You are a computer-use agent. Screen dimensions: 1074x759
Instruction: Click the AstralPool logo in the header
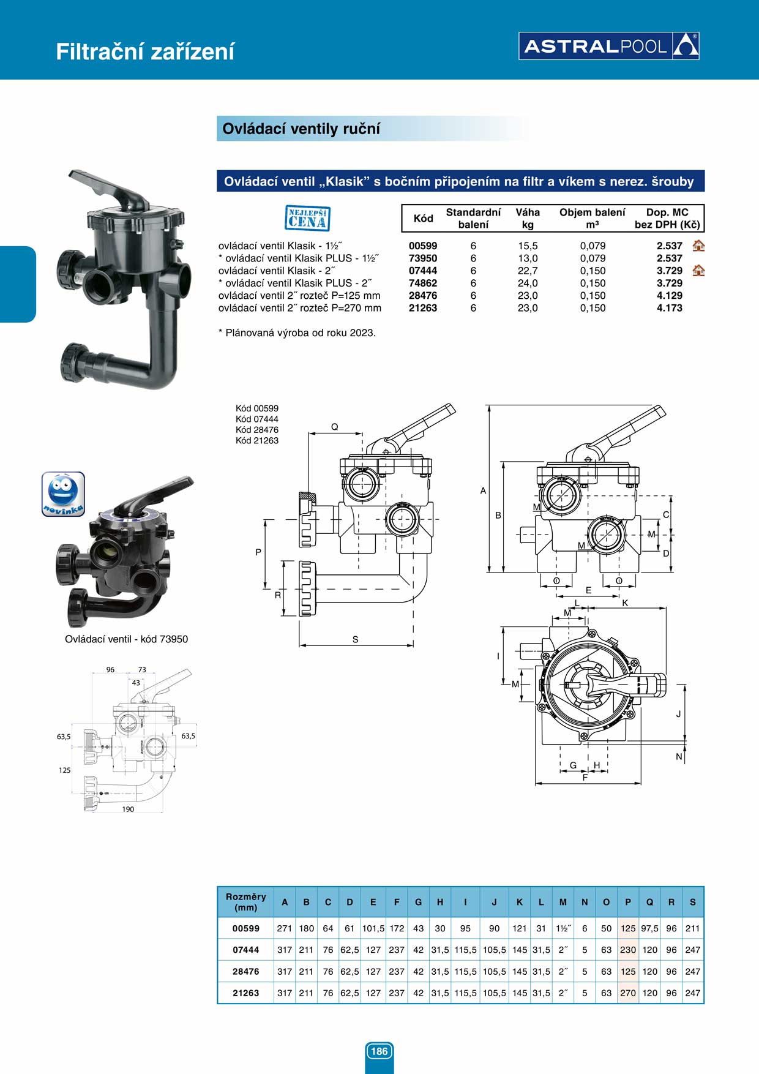pos(608,46)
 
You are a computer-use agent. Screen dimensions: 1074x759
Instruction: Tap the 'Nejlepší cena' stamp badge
pos(307,219)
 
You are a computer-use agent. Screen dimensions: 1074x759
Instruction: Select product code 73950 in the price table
pos(423,258)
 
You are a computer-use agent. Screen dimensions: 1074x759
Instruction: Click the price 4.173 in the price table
pos(669,308)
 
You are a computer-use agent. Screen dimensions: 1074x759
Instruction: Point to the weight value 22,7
pos(527,271)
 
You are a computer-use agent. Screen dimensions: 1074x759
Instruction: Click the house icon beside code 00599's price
pos(698,246)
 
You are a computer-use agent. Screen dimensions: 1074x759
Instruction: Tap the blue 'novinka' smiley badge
pos(63,494)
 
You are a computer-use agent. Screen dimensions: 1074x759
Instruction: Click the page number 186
pos(379,1051)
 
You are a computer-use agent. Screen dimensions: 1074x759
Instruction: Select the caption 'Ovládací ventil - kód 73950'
pos(126,639)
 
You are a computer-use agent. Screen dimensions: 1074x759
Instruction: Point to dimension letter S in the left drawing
pos(355,639)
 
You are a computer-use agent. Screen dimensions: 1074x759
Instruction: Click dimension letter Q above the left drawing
pos(335,427)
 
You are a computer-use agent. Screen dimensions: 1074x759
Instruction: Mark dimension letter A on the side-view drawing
pos(483,490)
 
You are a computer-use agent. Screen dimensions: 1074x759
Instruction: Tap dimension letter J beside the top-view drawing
pos(678,714)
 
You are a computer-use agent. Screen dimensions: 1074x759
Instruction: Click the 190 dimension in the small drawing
pos(128,809)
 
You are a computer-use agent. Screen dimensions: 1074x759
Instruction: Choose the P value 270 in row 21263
pos(628,993)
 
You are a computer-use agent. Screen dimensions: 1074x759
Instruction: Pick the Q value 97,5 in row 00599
pos(649,928)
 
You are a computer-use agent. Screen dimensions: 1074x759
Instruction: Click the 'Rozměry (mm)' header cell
pos(245,902)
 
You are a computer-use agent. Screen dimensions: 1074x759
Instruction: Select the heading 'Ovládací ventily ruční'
pos(301,129)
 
